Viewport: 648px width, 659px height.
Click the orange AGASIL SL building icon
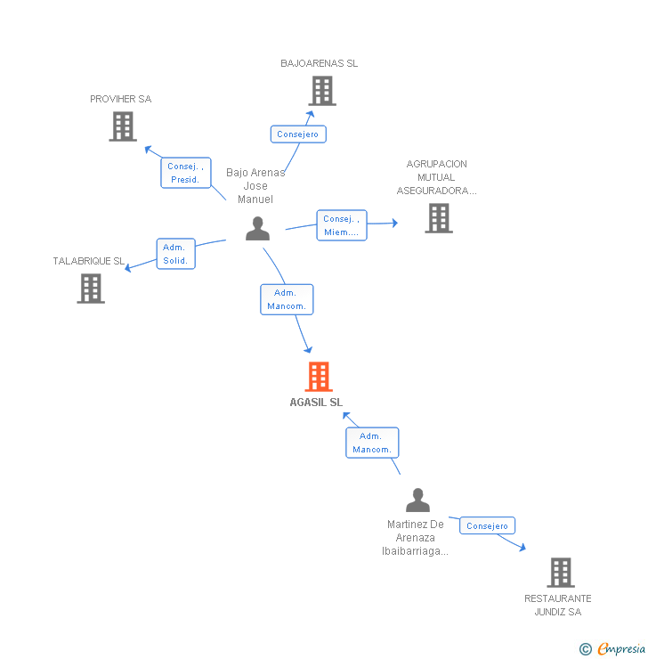click(x=318, y=377)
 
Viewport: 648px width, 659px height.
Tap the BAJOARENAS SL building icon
click(x=321, y=91)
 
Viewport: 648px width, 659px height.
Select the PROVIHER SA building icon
click(x=122, y=126)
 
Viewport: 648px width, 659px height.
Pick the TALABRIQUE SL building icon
click(x=90, y=289)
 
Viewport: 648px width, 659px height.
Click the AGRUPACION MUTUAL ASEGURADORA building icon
click(x=438, y=218)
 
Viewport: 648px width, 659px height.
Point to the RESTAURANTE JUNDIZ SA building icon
click(x=560, y=573)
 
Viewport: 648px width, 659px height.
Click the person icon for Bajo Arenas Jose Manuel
click(x=257, y=229)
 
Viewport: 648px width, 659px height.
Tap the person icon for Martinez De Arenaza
click(x=417, y=500)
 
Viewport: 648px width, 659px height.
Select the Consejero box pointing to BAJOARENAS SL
click(x=298, y=134)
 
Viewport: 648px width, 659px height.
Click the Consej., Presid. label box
click(x=186, y=173)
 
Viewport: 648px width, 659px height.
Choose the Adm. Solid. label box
click(x=175, y=254)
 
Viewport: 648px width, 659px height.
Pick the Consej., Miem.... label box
click(x=342, y=225)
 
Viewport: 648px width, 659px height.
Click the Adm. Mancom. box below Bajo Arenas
click(x=287, y=299)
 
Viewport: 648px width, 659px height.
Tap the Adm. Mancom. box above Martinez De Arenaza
click(x=372, y=443)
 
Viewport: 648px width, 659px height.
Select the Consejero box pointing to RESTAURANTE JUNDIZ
click(x=487, y=525)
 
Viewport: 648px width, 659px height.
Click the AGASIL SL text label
click(x=316, y=403)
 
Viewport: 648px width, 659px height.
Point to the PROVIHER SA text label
click(x=121, y=99)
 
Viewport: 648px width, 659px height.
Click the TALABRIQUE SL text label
click(x=89, y=261)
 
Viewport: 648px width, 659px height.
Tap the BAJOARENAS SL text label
click(x=320, y=63)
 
